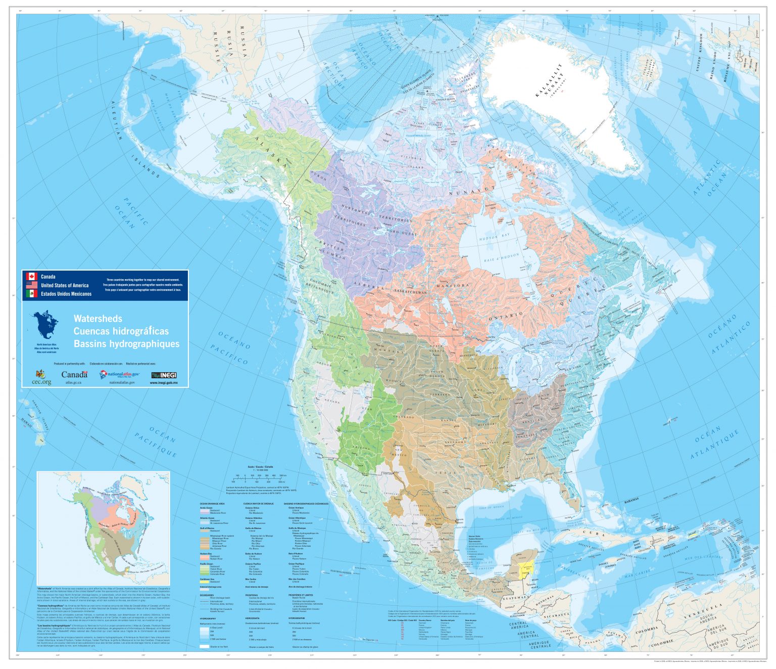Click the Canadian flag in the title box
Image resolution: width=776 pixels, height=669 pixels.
coord(32,277)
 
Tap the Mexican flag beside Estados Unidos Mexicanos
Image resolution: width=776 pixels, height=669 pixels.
coord(32,294)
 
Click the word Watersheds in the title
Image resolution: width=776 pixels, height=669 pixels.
coord(98,319)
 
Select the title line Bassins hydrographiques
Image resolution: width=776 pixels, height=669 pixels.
coord(126,344)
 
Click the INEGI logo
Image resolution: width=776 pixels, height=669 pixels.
coord(164,375)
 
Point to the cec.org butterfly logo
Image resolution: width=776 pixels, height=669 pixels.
coord(40,375)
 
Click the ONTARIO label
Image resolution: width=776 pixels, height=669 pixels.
coord(506,316)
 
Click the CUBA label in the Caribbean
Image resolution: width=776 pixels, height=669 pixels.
coord(594,533)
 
